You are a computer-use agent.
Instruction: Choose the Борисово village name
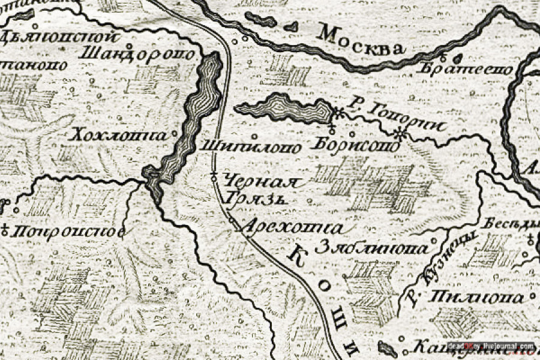356,145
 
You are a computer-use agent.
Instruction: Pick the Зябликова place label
372,247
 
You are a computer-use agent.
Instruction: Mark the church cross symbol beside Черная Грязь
214,176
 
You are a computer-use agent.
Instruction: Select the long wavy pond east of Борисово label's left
282,109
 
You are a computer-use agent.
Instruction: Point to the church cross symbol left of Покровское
5,228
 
